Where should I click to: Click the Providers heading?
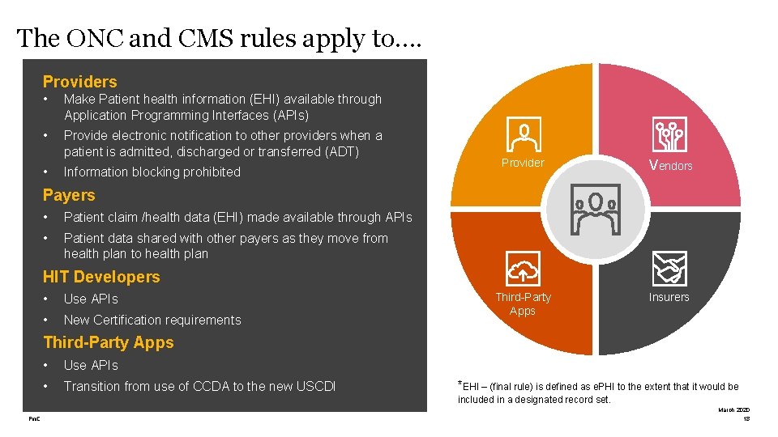tap(79, 82)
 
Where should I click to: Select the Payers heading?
tap(69, 195)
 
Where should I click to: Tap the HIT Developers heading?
tap(101, 277)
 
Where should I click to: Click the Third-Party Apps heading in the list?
tap(109, 342)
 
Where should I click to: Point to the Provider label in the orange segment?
tap(523, 163)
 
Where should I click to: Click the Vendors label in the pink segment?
tap(670, 164)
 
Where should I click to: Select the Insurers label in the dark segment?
tap(669, 297)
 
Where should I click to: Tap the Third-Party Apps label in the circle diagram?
tap(523, 303)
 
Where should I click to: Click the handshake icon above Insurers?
tap(669, 268)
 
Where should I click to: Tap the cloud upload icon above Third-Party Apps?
tap(523, 268)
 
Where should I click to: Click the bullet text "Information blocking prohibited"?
tap(152, 172)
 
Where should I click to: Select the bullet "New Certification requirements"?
tap(152, 320)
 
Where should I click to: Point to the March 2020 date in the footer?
tap(734, 410)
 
